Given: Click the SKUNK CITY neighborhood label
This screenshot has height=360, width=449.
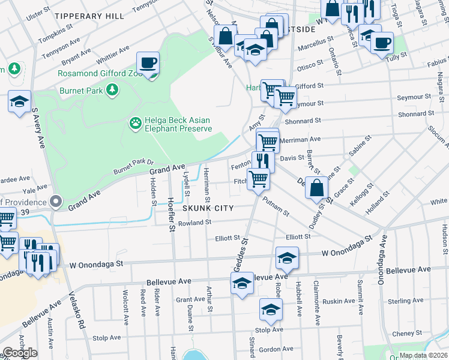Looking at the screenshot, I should tap(207, 208).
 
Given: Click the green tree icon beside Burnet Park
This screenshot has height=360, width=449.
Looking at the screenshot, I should tap(111, 90).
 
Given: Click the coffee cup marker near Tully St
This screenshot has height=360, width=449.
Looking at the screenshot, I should tap(382, 43).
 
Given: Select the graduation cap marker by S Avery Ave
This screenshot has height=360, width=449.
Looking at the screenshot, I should tap(20, 101).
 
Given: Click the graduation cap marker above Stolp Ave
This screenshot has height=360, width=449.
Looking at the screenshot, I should tap(271, 310).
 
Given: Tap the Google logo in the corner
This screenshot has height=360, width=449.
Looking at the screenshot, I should tap(20, 352).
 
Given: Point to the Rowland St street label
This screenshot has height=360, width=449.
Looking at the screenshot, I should tap(194, 223).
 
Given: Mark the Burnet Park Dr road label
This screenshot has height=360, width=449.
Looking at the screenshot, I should tap(134, 166).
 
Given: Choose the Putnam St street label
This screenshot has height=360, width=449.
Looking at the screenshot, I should tap(276, 209).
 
